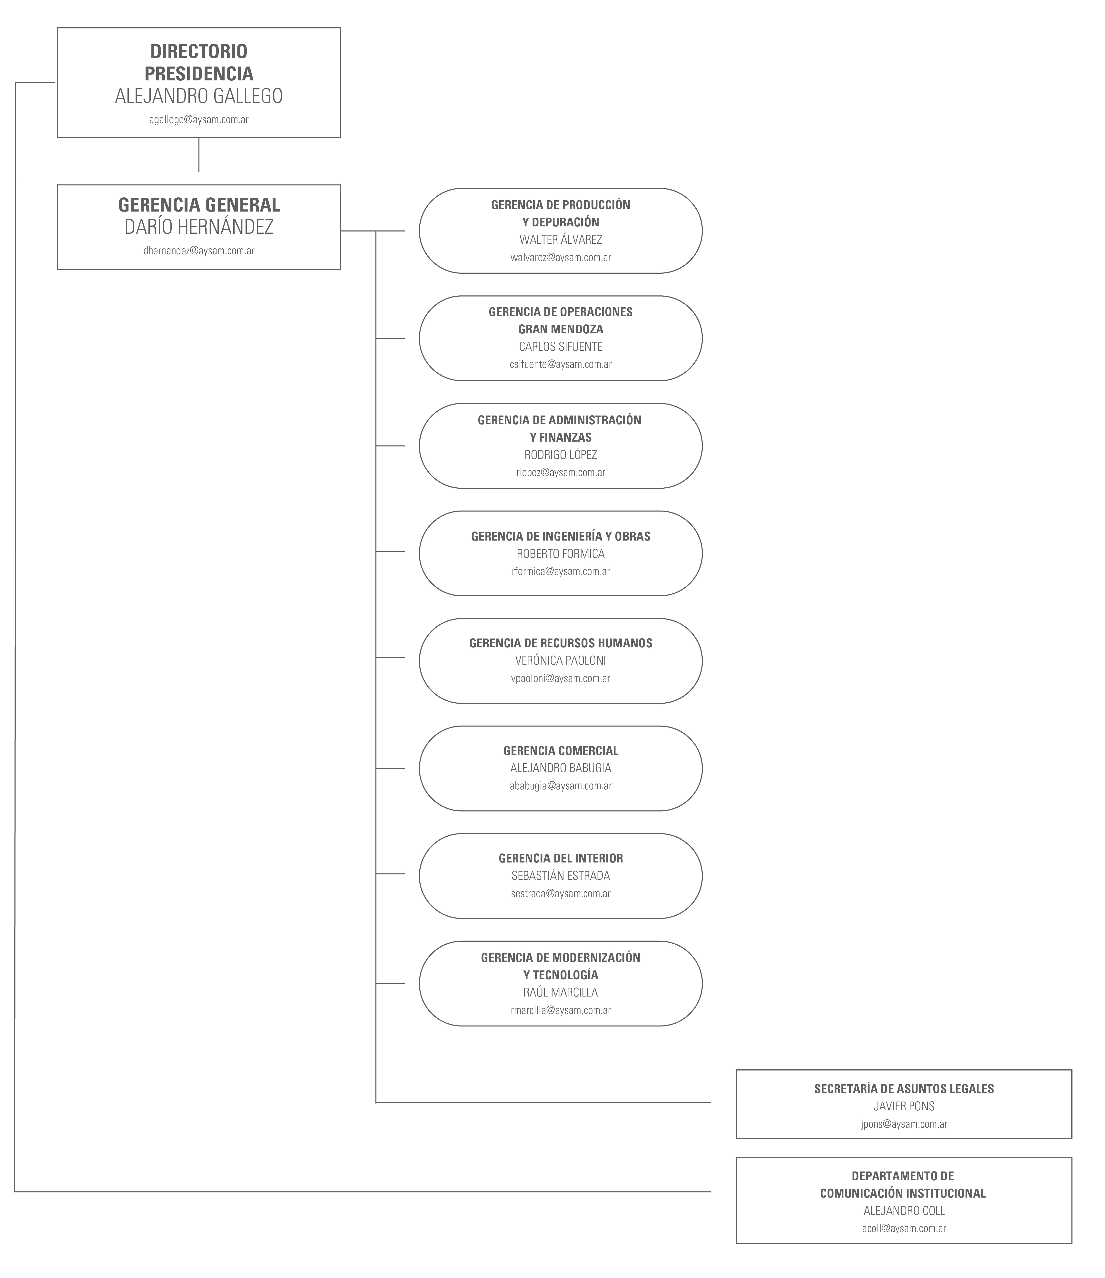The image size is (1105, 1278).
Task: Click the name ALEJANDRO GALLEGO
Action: [x=199, y=96]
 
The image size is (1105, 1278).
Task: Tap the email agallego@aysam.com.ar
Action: [x=199, y=120]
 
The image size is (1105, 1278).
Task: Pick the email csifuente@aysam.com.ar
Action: [x=561, y=365]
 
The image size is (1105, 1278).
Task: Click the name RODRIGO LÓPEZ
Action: [x=561, y=455]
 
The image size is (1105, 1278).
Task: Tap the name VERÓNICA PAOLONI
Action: [x=561, y=661]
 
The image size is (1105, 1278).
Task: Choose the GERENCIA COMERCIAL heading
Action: [x=561, y=751]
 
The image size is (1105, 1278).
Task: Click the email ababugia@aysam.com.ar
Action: [x=561, y=786]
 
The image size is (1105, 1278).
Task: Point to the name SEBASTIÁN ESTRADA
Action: [x=561, y=876]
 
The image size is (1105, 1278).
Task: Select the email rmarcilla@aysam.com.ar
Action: [x=561, y=1010]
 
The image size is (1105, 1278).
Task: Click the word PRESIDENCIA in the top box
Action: [x=199, y=73]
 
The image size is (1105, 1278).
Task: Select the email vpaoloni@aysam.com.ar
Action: [x=561, y=678]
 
